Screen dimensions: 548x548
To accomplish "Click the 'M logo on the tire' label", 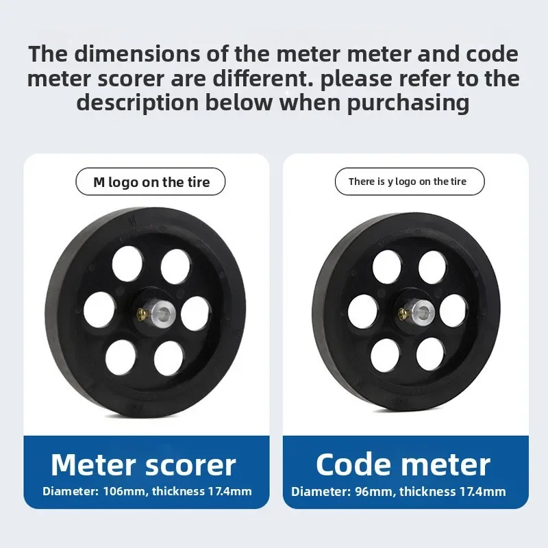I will [151, 182].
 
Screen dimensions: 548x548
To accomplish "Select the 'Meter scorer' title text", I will [143, 465].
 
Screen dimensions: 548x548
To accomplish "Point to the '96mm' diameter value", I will [377, 491].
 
